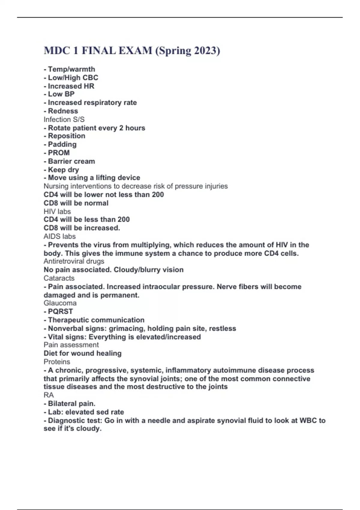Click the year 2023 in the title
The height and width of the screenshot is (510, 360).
(205, 50)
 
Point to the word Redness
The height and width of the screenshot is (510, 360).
(63, 111)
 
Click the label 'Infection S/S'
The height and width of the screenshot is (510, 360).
(64, 119)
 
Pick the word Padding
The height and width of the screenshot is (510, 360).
(62, 144)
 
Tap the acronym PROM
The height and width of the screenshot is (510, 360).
(59, 153)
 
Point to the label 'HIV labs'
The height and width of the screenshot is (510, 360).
(57, 211)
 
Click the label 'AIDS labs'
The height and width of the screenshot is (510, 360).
(60, 236)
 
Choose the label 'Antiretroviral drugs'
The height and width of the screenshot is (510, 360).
(74, 261)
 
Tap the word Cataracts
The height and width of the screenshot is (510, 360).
(59, 278)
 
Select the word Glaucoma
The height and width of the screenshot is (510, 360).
(60, 303)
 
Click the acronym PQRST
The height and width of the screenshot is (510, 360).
(60, 311)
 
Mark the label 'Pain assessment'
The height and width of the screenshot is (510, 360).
(71, 345)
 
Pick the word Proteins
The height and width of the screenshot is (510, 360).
(57, 362)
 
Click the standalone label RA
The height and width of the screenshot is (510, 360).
(49, 395)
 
